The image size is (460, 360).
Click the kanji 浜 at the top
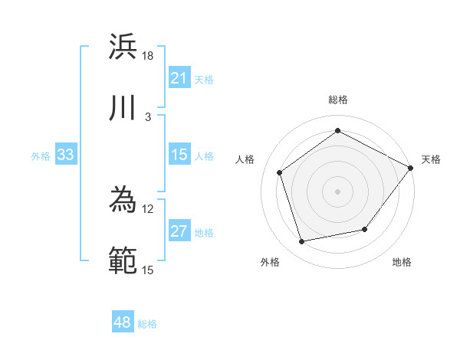pyautogui.click(x=123, y=47)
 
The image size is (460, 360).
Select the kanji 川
pyautogui.click(x=123, y=108)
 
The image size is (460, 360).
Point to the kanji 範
pyautogui.click(x=123, y=261)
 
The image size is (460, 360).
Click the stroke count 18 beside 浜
pyautogui.click(x=148, y=56)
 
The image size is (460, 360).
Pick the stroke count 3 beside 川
pyautogui.click(x=148, y=116)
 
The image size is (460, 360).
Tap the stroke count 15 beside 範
pyautogui.click(x=148, y=270)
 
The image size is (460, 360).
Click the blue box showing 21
pyautogui.click(x=179, y=78)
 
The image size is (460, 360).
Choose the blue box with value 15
pyautogui.click(x=179, y=155)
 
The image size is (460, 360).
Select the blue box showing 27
pyautogui.click(x=179, y=231)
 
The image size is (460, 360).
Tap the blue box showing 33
pyautogui.click(x=66, y=155)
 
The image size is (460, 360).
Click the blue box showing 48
pyautogui.click(x=123, y=323)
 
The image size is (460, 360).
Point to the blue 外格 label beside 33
pyautogui.click(x=41, y=156)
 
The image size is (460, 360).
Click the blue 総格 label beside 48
pyautogui.click(x=147, y=324)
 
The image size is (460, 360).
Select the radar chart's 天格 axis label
pyautogui.click(x=431, y=159)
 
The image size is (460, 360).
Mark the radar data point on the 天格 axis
pyautogui.click(x=411, y=168)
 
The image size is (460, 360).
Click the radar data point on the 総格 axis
pyautogui.click(x=338, y=131)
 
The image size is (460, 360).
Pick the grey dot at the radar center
pyautogui.click(x=338, y=191)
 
